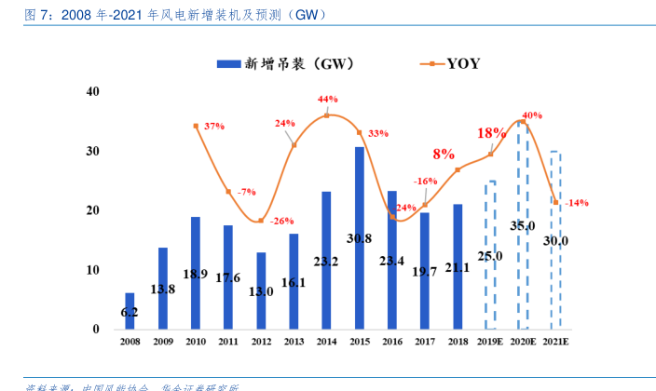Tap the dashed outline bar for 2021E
(x=554, y=239)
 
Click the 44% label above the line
(x=327, y=99)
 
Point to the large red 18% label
(x=491, y=133)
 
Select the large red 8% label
(x=444, y=154)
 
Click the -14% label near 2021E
(x=578, y=203)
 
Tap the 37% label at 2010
(x=214, y=126)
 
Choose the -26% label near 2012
(x=281, y=221)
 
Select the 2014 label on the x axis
(x=326, y=343)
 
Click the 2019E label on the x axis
(x=490, y=343)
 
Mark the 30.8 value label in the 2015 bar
(x=359, y=238)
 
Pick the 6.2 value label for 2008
(x=130, y=313)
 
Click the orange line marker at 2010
(x=196, y=126)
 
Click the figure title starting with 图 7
(x=168, y=14)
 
